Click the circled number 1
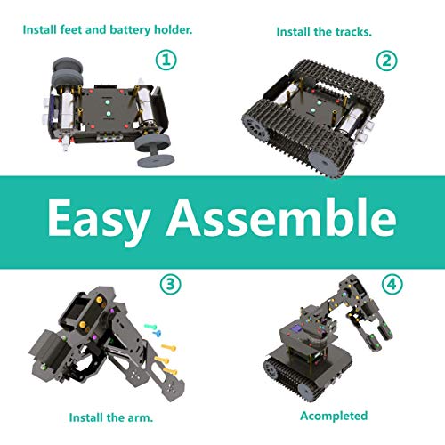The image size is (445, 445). pos(165,61)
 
